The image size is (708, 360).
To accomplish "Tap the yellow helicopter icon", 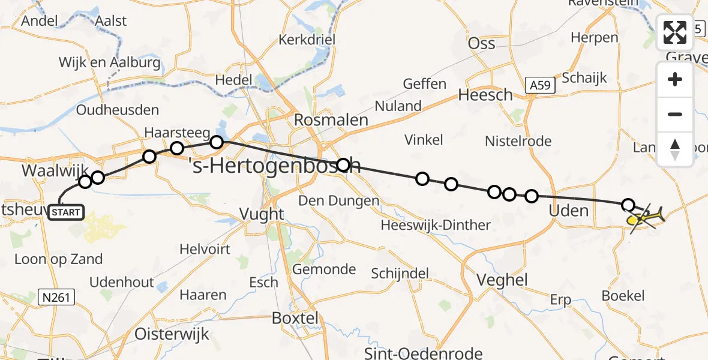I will click(646, 217).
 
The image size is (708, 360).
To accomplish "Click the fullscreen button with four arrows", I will click(675, 32).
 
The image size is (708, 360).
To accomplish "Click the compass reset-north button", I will click(675, 149).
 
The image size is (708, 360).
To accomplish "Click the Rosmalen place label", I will click(331, 120).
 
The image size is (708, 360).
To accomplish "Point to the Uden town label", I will click(569, 211).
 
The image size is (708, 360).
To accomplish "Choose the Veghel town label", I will click(501, 280).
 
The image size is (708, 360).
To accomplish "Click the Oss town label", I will click(481, 43).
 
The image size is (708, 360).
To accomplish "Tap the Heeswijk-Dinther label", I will click(436, 225).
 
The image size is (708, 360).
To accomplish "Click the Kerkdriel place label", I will click(305, 40).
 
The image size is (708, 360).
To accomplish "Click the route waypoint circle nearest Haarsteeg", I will click(176, 148).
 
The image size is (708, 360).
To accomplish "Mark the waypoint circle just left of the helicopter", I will click(628, 205).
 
